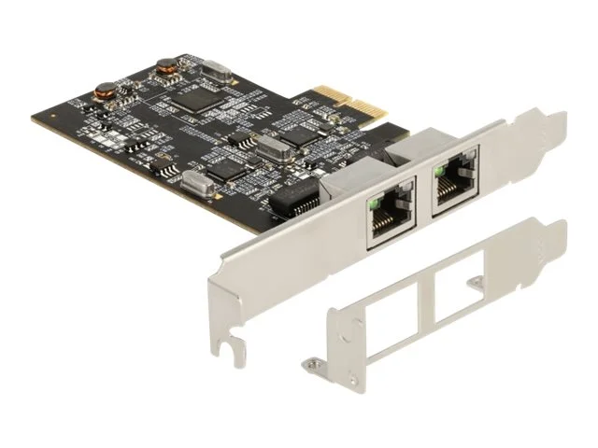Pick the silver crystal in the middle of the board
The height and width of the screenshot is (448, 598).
(272, 144)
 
